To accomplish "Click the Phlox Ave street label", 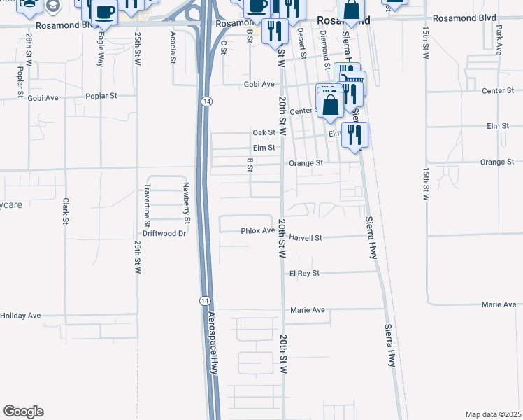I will pyautogui.click(x=258, y=230).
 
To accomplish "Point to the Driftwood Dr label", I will pyautogui.click(x=164, y=233).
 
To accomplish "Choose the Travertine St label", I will pyautogui.click(x=148, y=204).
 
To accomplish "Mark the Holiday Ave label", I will pyautogui.click(x=20, y=316).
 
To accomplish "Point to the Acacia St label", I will pyautogui.click(x=173, y=47).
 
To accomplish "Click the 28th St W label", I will pyautogui.click(x=29, y=47).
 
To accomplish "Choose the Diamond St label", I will pyautogui.click(x=322, y=45).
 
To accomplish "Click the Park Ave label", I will pyautogui.click(x=499, y=41).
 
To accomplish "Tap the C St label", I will pyautogui.click(x=224, y=46).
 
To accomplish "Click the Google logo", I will pyautogui.click(x=23, y=412).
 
